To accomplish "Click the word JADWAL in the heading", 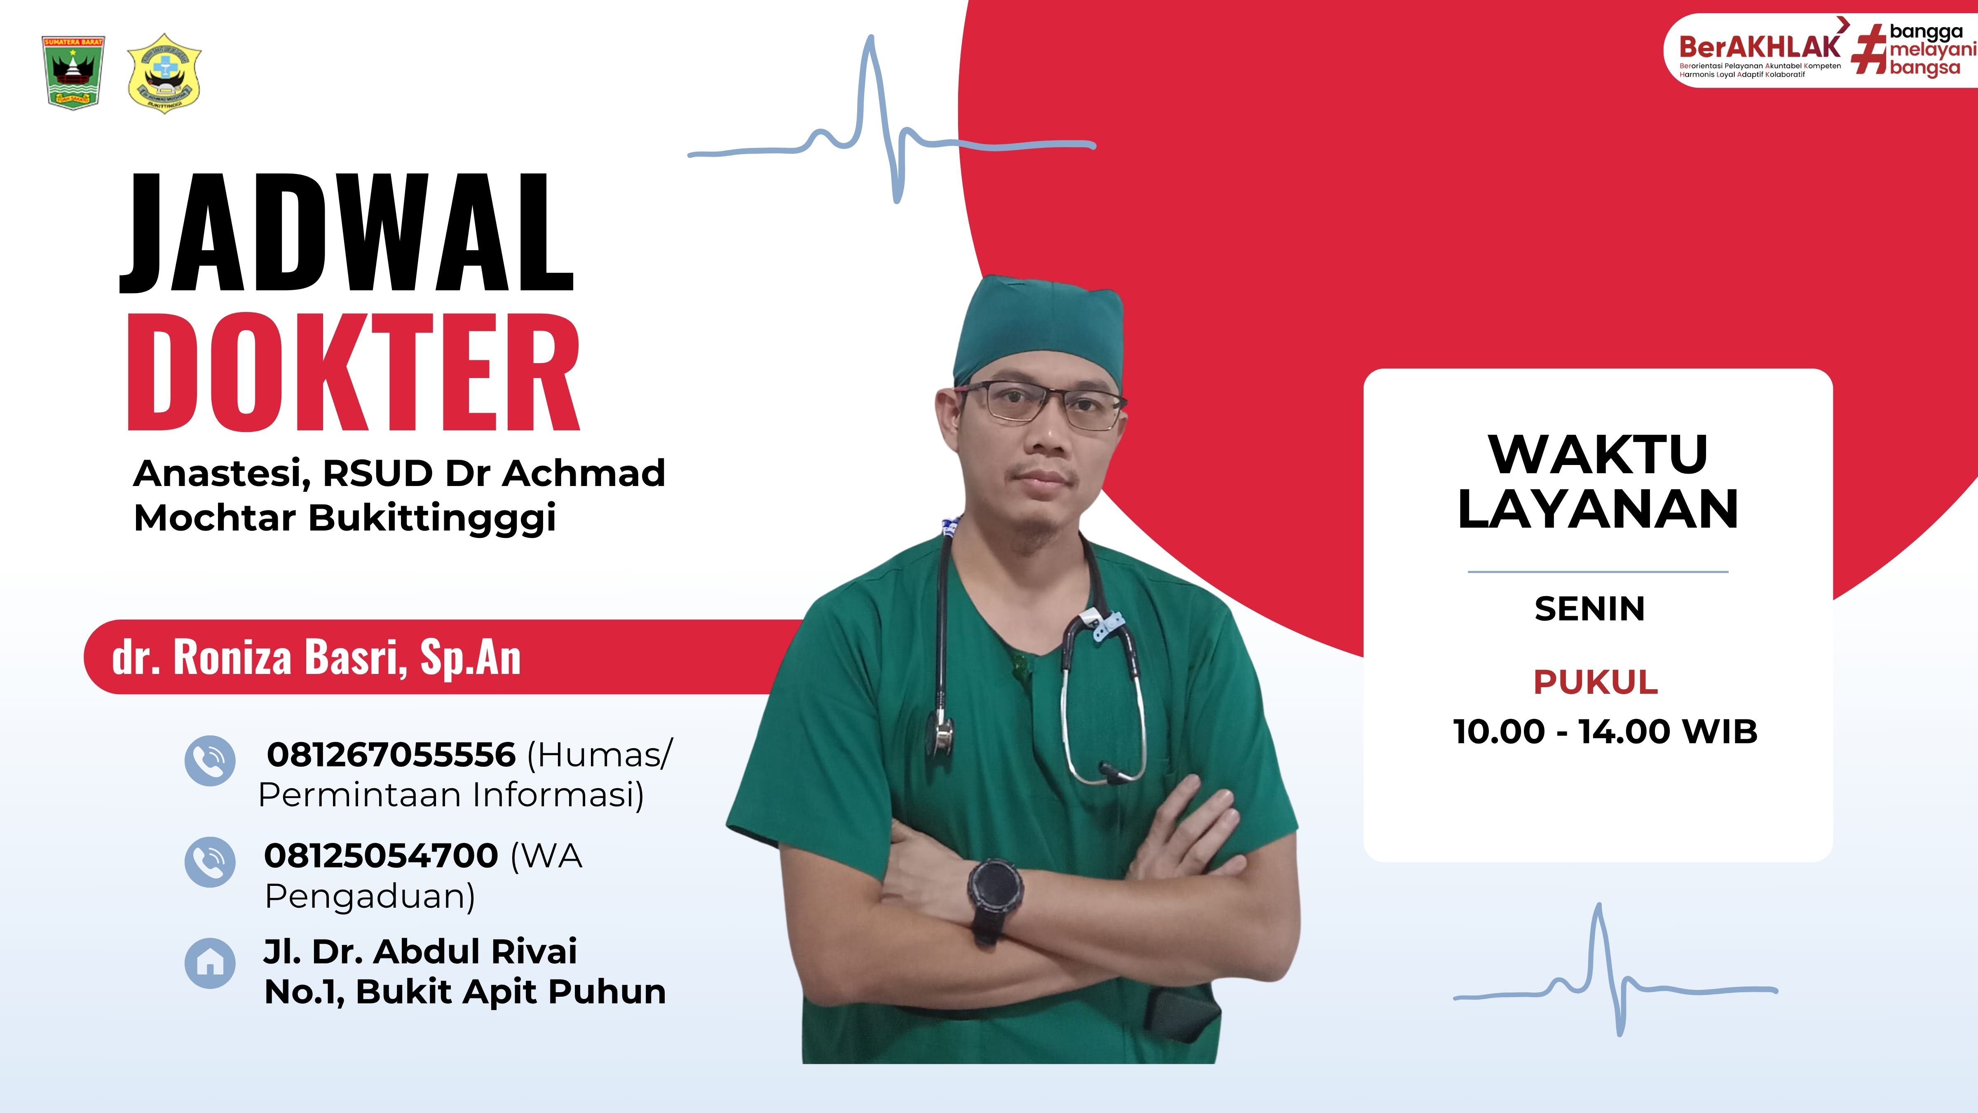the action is (x=347, y=233).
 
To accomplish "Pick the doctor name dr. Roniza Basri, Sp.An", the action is (x=316, y=657).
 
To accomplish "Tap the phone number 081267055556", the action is (x=391, y=755).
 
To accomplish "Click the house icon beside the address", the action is (x=210, y=963).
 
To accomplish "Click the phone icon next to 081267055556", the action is (x=210, y=761).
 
